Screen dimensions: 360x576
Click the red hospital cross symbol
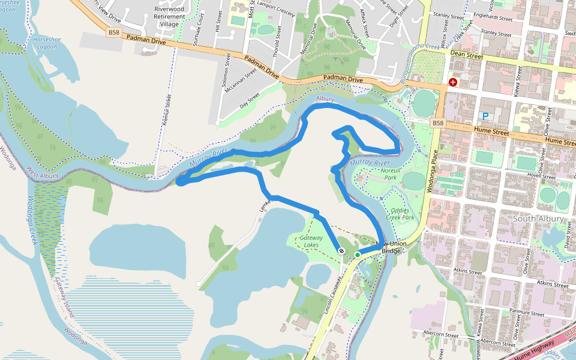click(452, 82)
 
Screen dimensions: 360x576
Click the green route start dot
click(358, 255)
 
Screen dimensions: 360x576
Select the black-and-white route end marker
click(341, 251)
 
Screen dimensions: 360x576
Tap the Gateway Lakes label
click(311, 241)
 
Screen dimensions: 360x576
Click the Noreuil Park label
click(394, 174)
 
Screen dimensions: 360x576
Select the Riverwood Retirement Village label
click(169, 17)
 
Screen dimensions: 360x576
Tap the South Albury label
click(538, 219)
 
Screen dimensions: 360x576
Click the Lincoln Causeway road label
click(335, 294)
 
